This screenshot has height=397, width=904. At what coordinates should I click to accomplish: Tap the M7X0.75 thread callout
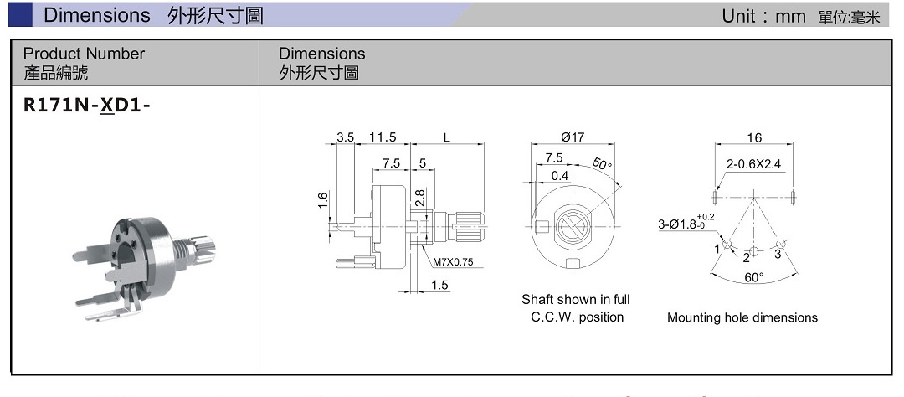pos(453,261)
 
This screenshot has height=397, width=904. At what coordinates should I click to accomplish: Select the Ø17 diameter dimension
pos(573,137)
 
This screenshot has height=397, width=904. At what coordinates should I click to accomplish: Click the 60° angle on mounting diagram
pos(754,277)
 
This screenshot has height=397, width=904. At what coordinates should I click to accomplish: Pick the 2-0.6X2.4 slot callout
pos(753,164)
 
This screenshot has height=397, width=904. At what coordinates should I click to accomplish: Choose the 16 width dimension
pos(754,137)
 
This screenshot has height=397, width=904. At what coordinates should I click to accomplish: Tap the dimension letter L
pos(446,137)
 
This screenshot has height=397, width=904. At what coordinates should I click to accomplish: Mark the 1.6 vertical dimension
pos(323,201)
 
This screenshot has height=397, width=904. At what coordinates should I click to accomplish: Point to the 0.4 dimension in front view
pos(560,175)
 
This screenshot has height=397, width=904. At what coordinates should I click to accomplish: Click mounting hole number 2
pos(746,257)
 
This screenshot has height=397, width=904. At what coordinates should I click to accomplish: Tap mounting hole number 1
pos(717,249)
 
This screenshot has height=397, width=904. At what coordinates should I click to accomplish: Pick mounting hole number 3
pos(778,253)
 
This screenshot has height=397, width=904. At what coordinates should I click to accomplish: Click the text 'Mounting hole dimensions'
pos(742,317)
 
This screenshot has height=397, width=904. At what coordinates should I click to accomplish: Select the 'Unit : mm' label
pos(763,16)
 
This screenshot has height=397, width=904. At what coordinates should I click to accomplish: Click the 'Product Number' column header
pos(85,54)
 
